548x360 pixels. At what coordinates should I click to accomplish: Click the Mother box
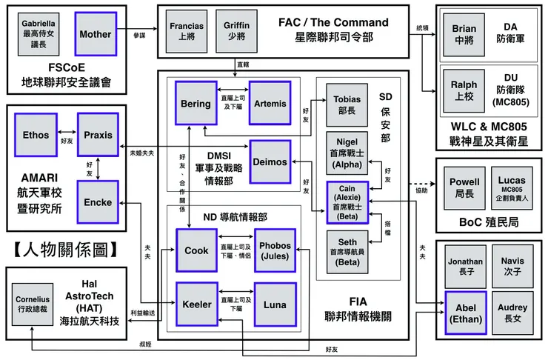[95, 35]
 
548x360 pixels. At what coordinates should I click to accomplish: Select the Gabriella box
[39, 35]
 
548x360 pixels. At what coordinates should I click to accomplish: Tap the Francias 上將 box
[187, 31]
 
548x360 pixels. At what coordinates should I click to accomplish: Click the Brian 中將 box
[464, 34]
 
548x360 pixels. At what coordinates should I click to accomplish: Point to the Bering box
[196, 104]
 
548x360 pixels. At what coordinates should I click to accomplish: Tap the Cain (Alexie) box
[347, 201]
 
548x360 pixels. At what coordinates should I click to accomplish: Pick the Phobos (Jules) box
[275, 250]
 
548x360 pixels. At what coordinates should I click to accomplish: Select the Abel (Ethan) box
[465, 314]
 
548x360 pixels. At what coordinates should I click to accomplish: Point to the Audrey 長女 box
[512, 314]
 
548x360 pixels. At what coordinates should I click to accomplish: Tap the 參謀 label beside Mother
[140, 35]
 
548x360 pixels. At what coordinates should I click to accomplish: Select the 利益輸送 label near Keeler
[142, 313]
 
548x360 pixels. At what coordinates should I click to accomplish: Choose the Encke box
[97, 201]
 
